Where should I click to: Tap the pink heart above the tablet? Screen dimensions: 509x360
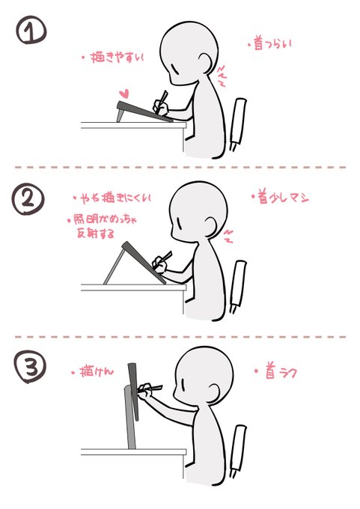pos(126,94)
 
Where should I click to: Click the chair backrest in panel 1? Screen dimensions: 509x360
pos(240,121)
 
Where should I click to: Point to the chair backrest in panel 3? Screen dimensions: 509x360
pos(240,448)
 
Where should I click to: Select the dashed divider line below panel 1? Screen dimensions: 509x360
pos(180,166)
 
